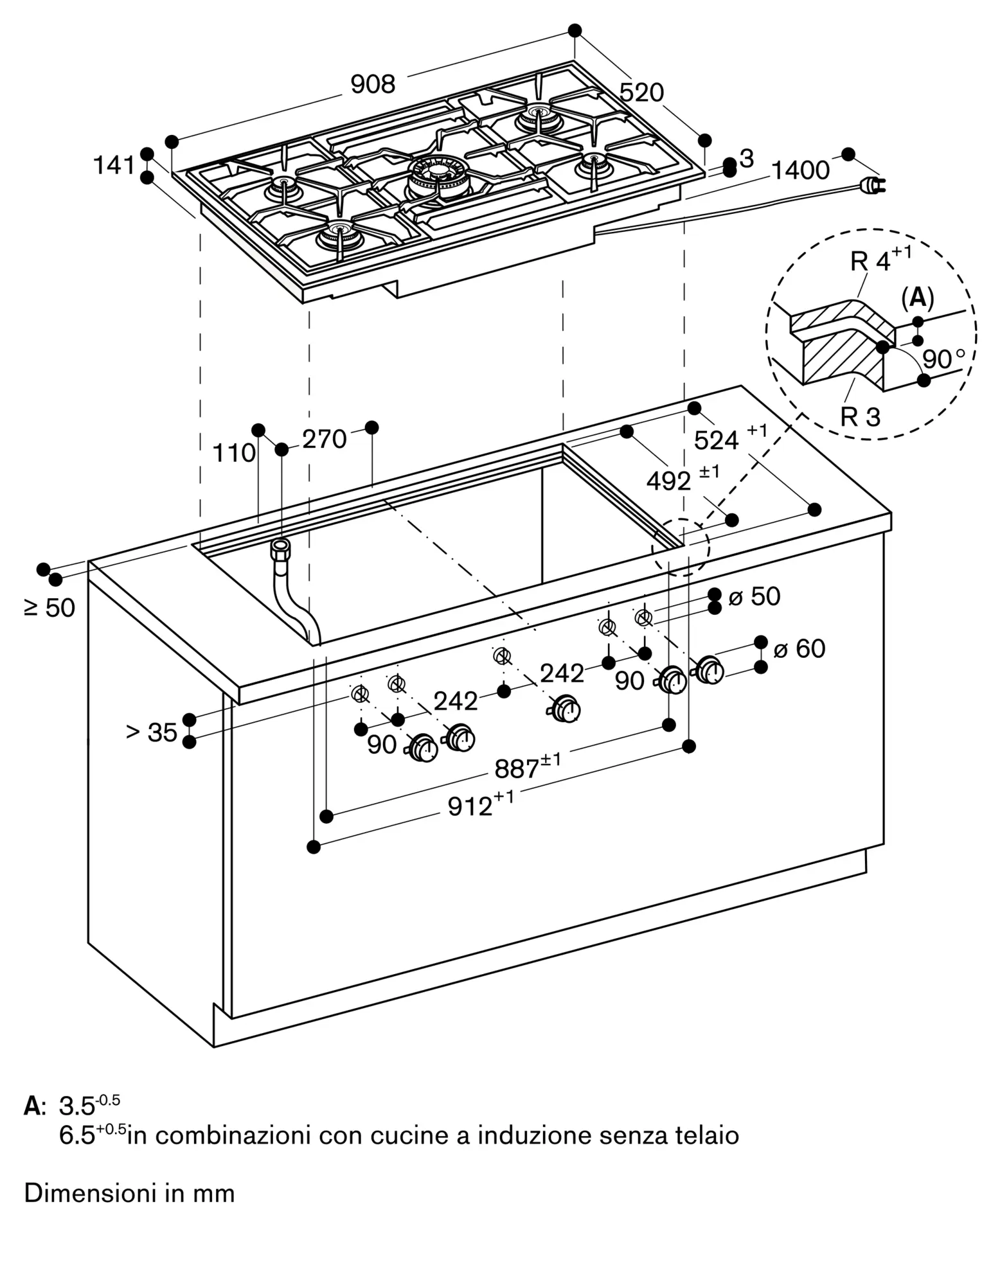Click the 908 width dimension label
click(x=373, y=85)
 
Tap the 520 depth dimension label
click(x=641, y=93)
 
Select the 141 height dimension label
click(x=114, y=166)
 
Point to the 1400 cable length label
click(x=799, y=171)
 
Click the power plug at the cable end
click(x=871, y=186)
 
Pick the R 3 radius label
click(x=860, y=417)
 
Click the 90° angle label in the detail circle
click(x=943, y=359)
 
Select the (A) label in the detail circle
click(x=917, y=297)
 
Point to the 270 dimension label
click(x=324, y=439)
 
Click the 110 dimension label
click(x=234, y=454)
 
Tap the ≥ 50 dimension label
click(x=50, y=607)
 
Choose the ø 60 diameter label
click(x=799, y=649)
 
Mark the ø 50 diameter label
click(x=754, y=597)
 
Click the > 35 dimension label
click(x=152, y=732)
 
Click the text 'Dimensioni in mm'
click(x=129, y=1193)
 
